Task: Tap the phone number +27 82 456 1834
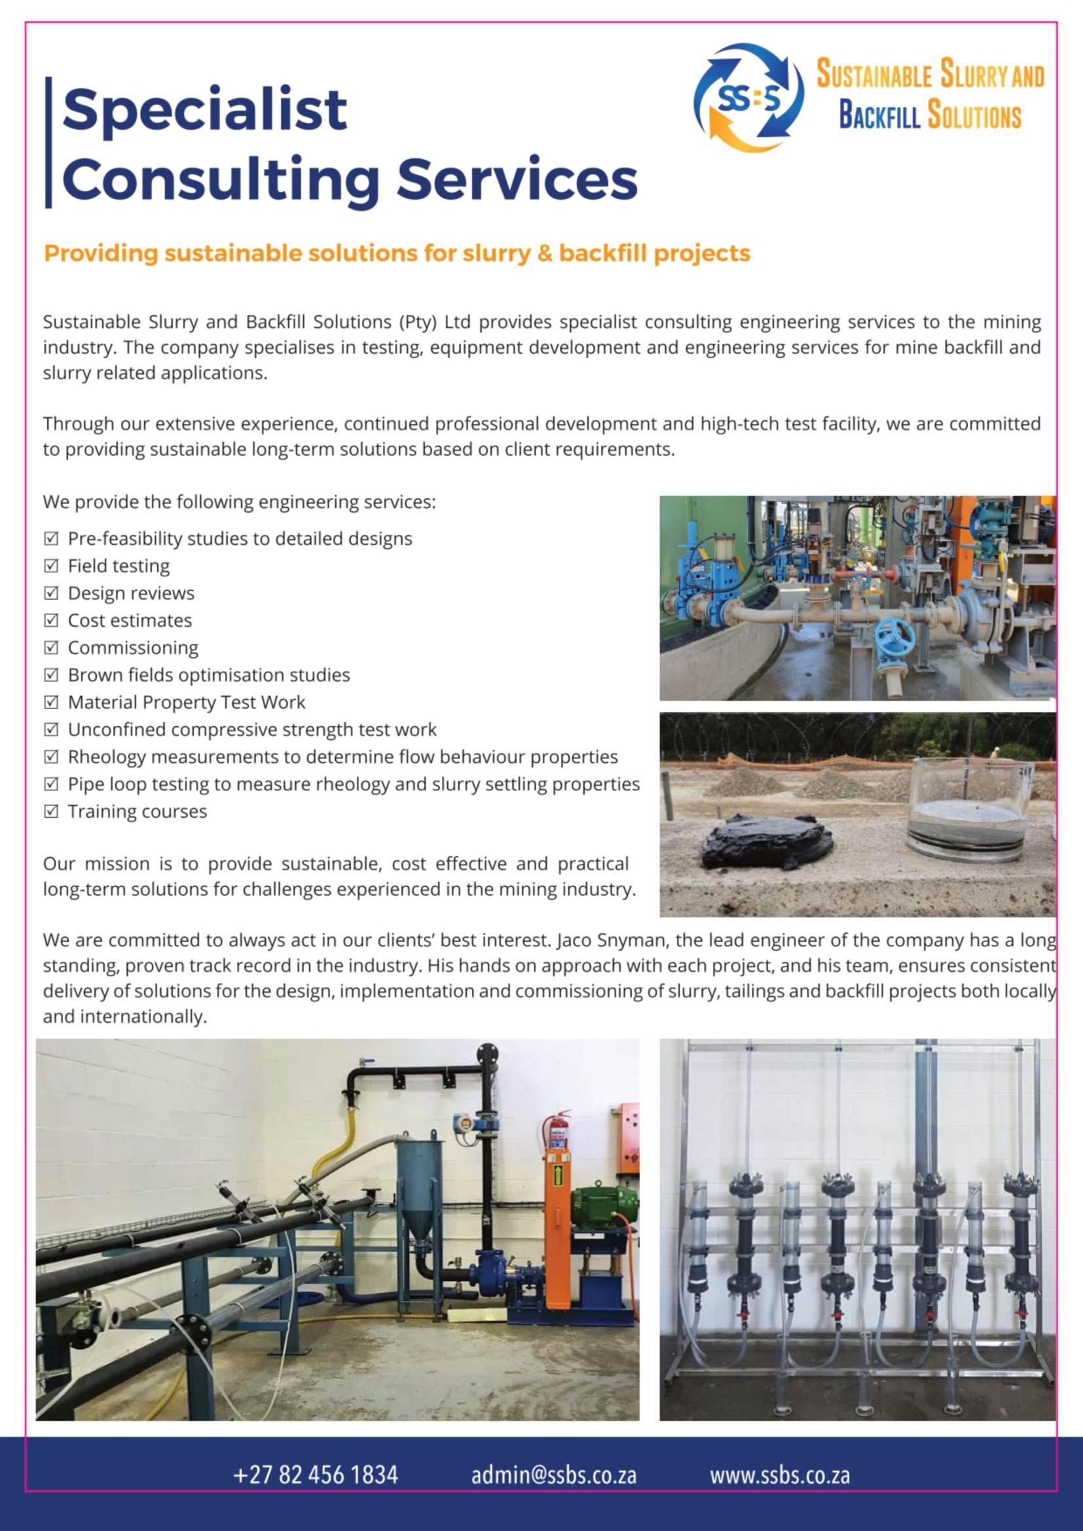316,1474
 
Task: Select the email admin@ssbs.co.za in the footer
553,1474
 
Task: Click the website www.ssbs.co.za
780,1474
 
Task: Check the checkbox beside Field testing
51,566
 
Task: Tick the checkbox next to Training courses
51,811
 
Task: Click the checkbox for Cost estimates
51,621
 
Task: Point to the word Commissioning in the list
133,648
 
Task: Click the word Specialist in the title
205,109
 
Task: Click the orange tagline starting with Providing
397,253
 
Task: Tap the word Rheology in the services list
106,757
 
